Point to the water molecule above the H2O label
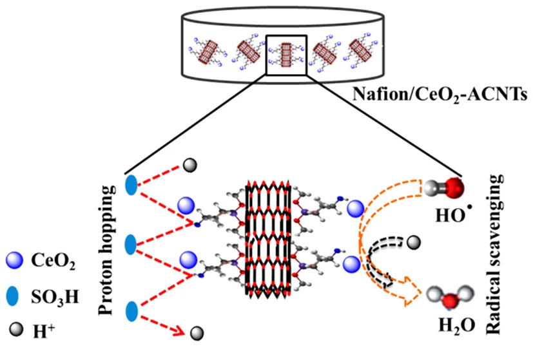point(445,298)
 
